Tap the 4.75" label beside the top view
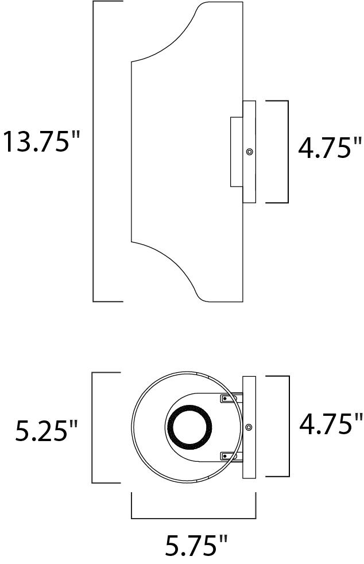click(x=331, y=424)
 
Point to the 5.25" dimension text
click(x=47, y=431)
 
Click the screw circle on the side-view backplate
click(x=249, y=152)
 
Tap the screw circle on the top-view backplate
click(x=249, y=427)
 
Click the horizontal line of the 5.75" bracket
click(x=193, y=518)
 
